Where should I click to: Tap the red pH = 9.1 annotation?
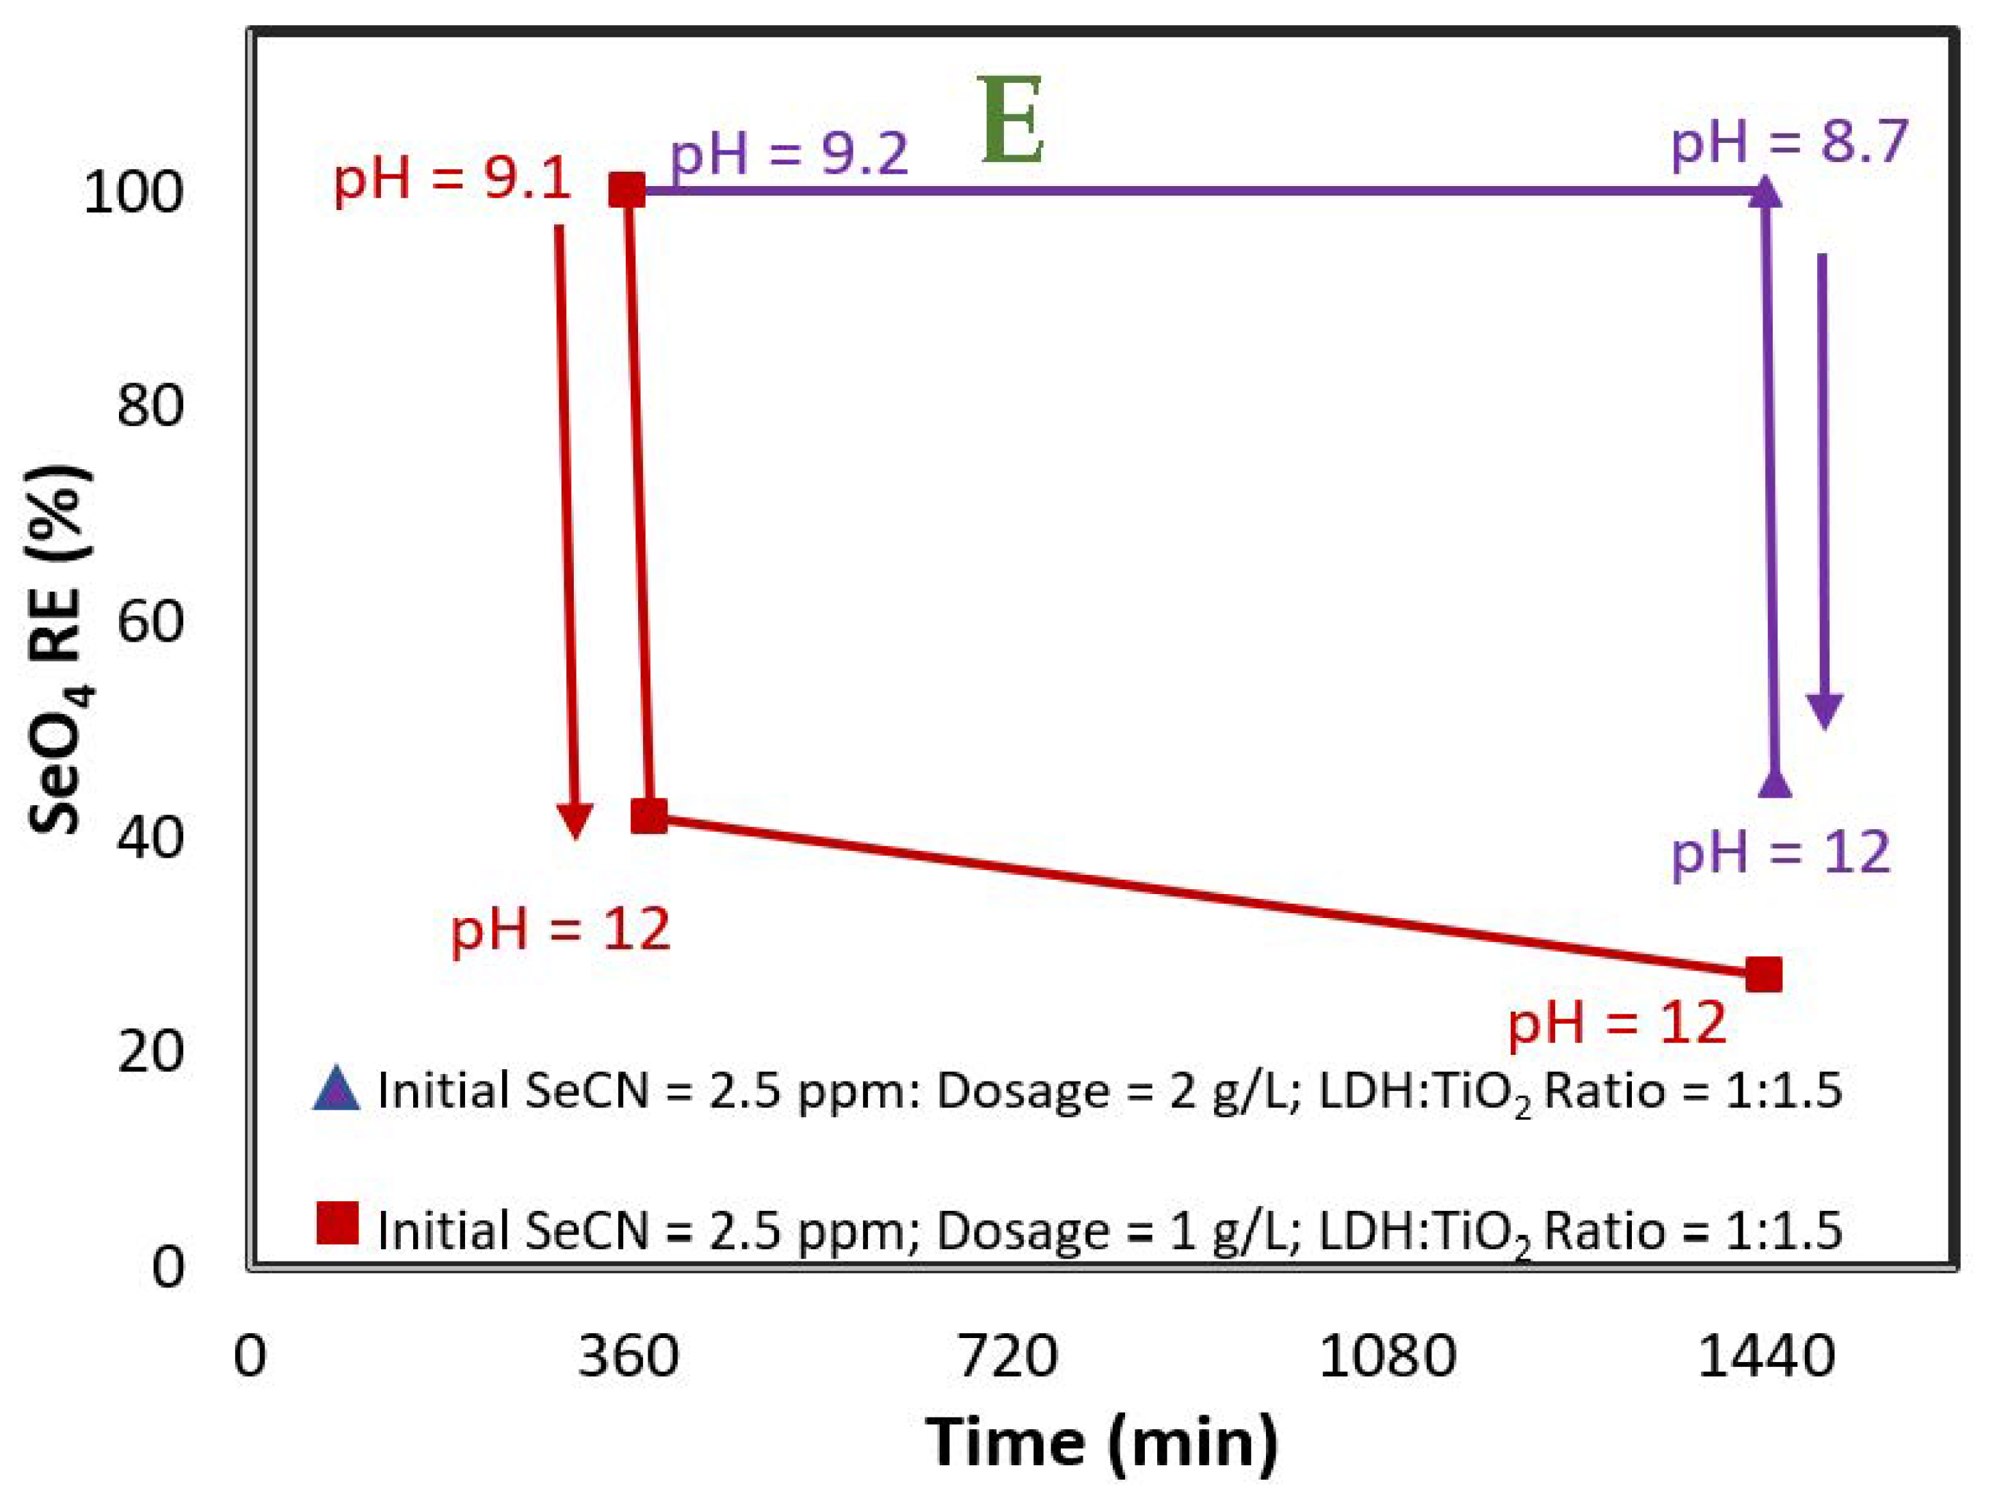[452, 179]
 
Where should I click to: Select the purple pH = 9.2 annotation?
[789, 153]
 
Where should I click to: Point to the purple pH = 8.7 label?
[1789, 142]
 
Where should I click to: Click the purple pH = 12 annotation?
[1780, 852]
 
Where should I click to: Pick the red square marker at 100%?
[627, 190]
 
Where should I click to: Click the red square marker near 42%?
[648, 816]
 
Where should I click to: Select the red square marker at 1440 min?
[1763, 975]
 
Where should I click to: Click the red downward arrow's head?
[575, 818]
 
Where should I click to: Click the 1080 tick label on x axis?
[1388, 1358]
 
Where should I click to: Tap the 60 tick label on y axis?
[150, 622]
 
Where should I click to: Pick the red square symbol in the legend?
[338, 1223]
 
